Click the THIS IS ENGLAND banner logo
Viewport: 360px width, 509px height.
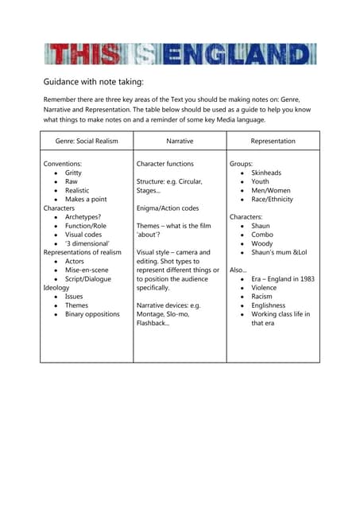click(x=180, y=54)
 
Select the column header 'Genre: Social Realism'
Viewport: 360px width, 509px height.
click(x=87, y=141)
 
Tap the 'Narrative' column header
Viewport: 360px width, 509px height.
click(x=180, y=141)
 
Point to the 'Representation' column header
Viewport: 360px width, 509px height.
click(x=273, y=141)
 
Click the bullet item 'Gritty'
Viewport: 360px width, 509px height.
click(x=73, y=173)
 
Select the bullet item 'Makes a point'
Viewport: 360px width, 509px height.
click(x=86, y=199)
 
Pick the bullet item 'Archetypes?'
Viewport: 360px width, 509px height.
click(x=84, y=217)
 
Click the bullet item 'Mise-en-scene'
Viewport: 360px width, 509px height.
click(x=88, y=270)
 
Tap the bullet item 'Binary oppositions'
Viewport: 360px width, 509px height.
click(x=92, y=314)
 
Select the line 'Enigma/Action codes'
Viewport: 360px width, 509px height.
click(x=168, y=208)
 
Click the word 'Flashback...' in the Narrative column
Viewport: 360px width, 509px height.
click(x=153, y=324)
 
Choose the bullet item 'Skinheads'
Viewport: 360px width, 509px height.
click(x=266, y=173)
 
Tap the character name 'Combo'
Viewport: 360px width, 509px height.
click(x=262, y=235)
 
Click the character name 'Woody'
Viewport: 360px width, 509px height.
click(x=262, y=243)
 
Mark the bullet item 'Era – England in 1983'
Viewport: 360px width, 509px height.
click(x=282, y=279)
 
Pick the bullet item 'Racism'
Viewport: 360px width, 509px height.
click(x=261, y=297)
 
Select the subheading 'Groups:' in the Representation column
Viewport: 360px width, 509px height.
click(x=242, y=163)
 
